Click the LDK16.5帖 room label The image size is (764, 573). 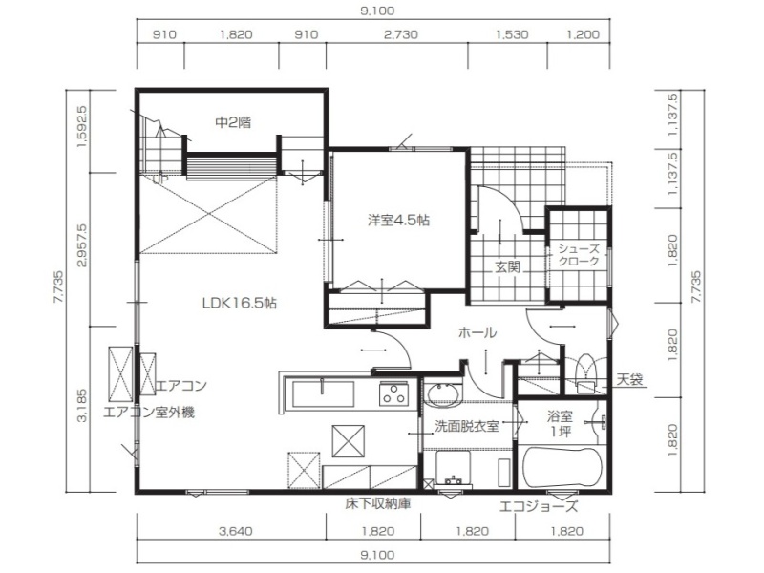[240, 303]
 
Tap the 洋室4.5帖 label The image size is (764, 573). [398, 221]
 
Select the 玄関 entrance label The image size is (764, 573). [508, 266]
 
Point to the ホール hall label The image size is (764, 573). [477, 332]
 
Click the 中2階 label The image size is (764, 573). [233, 122]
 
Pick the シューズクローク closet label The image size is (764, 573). [579, 254]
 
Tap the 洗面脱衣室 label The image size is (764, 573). [467, 426]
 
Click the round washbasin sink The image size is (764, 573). [443, 393]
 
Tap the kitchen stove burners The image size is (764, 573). [394, 393]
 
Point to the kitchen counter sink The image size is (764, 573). [323, 393]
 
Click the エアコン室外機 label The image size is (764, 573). [149, 413]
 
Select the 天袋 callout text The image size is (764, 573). [629, 379]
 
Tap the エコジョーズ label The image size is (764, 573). [539, 506]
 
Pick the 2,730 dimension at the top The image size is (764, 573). [400, 34]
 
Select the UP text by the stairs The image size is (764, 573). [160, 180]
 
